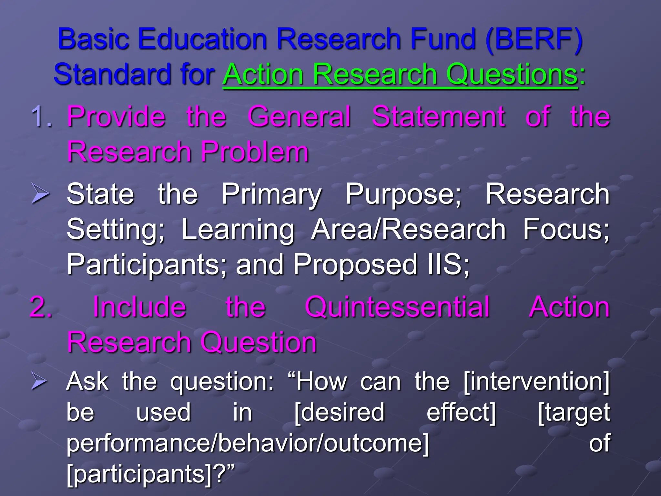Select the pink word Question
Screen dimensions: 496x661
pyautogui.click(x=259, y=342)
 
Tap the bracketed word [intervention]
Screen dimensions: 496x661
pyautogui.click(x=536, y=382)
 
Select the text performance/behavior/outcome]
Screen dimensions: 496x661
pyautogui.click(x=248, y=443)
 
